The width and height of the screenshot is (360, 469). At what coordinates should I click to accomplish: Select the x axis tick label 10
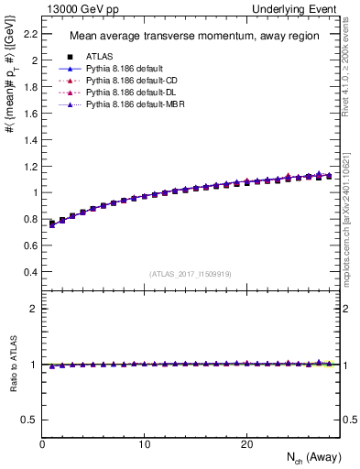145,444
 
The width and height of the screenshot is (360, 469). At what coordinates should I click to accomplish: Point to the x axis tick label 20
246,444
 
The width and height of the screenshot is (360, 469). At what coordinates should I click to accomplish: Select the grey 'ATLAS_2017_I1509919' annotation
190,274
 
